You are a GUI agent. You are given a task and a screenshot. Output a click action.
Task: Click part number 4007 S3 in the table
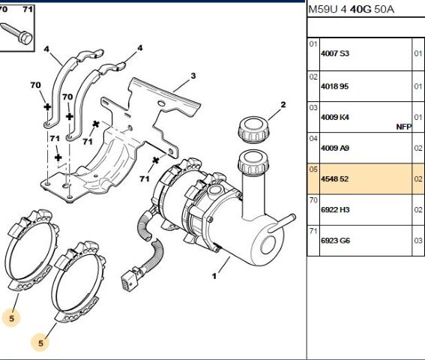[x=335, y=53]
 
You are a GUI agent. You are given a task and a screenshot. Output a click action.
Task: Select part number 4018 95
[x=334, y=86]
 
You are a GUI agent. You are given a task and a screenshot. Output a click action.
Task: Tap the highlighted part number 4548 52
[x=334, y=179]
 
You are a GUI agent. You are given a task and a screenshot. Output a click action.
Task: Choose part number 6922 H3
[x=335, y=210]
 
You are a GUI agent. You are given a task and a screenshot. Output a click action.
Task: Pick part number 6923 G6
[x=335, y=241]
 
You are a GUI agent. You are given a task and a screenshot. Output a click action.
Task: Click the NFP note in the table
[x=403, y=127]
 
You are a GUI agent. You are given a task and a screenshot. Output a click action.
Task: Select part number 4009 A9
[x=335, y=148]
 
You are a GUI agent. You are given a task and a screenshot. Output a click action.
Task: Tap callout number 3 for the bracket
[x=193, y=76]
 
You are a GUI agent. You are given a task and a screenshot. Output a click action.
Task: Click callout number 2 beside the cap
[x=283, y=104]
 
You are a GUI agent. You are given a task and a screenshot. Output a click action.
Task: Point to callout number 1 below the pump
[x=214, y=276]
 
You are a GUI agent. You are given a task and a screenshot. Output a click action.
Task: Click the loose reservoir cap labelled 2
[x=254, y=130]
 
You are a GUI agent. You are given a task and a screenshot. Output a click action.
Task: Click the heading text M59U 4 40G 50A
[x=352, y=10]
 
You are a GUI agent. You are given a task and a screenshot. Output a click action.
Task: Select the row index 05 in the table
[x=313, y=169]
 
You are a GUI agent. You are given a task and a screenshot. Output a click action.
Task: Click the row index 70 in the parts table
[x=313, y=200]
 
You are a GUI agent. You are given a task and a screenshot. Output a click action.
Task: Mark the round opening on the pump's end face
[x=268, y=245]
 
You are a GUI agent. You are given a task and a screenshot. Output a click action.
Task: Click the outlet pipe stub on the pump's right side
[x=282, y=223]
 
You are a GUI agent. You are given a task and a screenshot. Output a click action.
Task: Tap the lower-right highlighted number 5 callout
[x=40, y=343]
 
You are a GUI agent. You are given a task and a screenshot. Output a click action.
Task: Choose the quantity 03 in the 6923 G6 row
[x=418, y=241]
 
